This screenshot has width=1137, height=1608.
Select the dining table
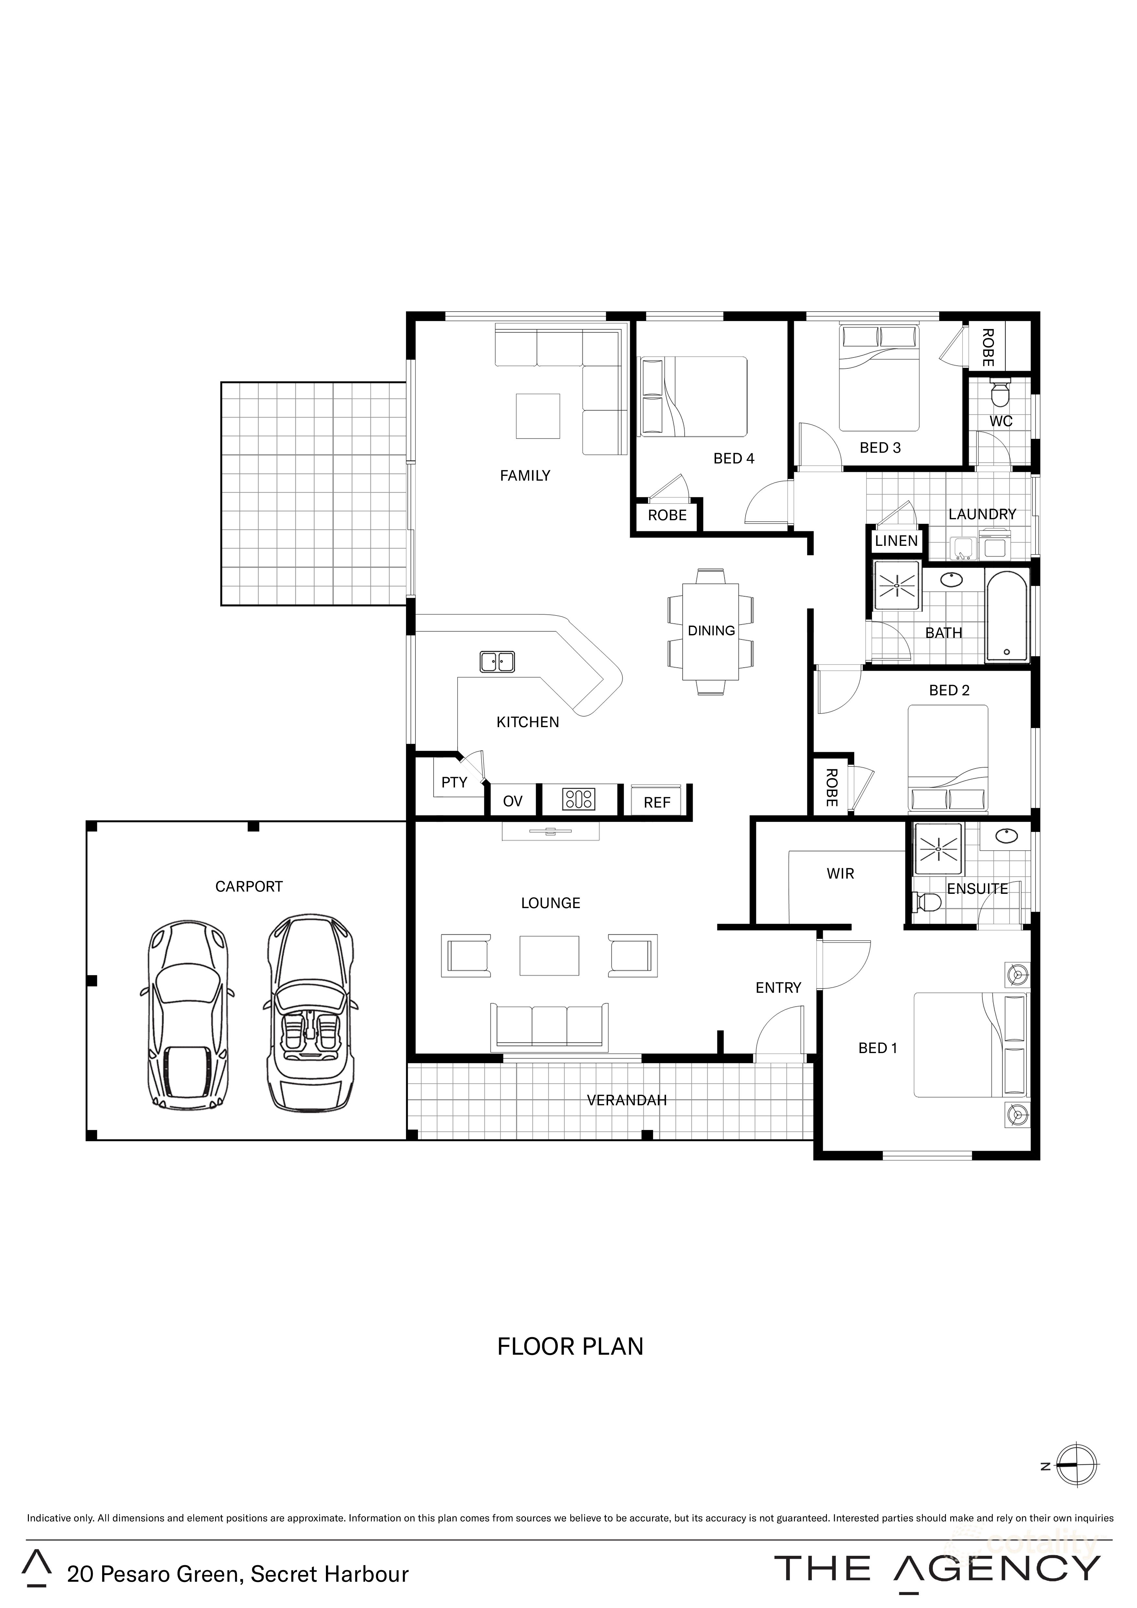coord(711,630)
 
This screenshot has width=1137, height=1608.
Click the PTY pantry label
coord(454,782)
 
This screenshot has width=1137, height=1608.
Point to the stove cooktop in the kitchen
coord(579,799)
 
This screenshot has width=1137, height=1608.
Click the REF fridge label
coord(657,803)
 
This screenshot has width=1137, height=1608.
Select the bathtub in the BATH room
coord(1007,616)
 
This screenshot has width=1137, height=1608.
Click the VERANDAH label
coord(627,1100)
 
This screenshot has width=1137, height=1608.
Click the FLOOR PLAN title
coord(570,1347)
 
